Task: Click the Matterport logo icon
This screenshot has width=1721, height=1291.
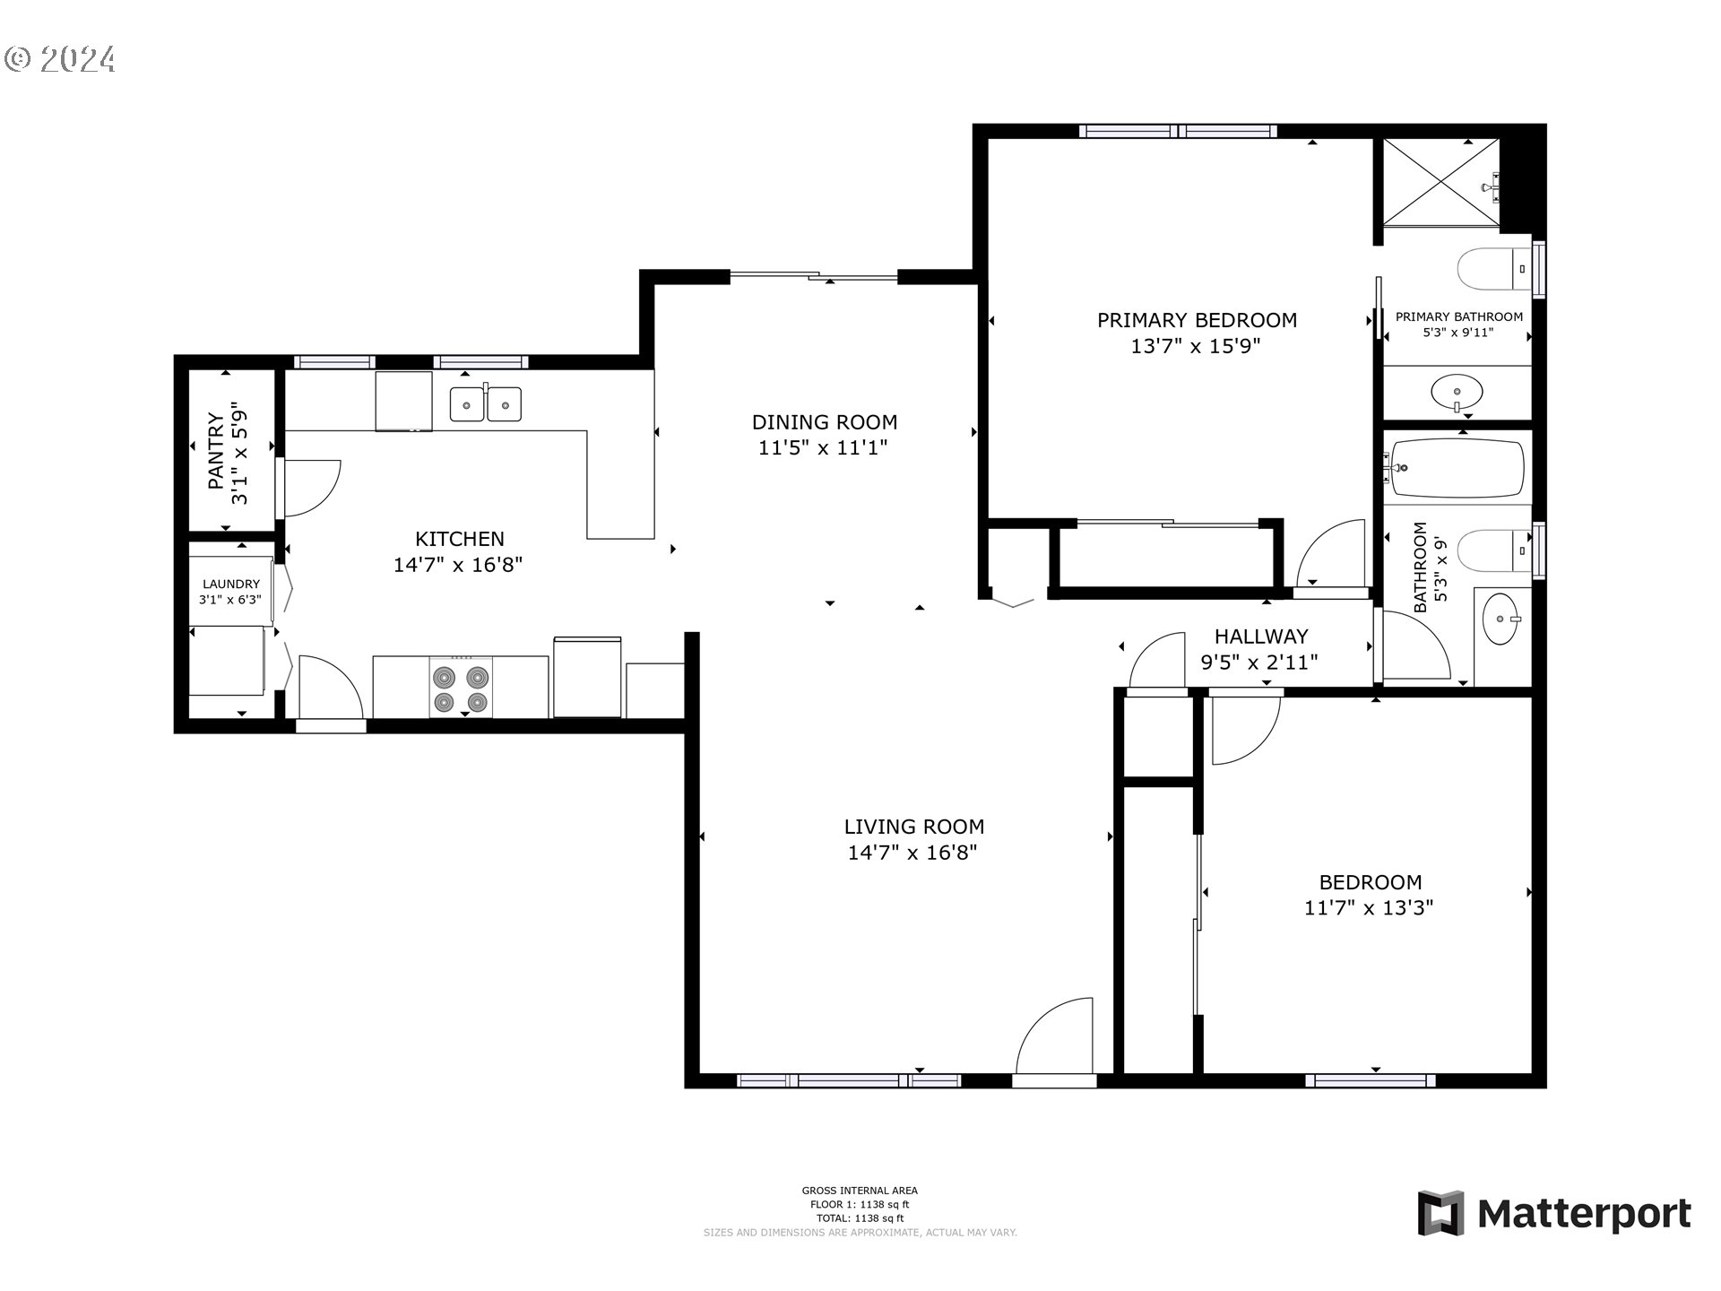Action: (1440, 1213)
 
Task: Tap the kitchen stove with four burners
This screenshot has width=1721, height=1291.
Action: (461, 687)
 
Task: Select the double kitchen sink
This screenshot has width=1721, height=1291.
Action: (485, 404)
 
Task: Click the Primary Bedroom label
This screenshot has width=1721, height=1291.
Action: (1197, 320)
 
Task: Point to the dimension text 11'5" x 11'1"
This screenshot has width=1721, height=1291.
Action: (823, 447)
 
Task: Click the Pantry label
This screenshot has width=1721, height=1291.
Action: (216, 450)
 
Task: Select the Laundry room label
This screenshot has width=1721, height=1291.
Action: (231, 584)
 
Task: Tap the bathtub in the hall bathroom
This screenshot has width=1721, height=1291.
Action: (1457, 467)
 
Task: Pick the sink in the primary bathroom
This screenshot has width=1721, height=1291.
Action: (1457, 392)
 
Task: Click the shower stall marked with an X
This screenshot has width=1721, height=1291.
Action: (1440, 183)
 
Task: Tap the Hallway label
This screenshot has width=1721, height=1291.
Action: (1261, 637)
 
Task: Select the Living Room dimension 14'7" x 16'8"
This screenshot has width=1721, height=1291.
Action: (912, 853)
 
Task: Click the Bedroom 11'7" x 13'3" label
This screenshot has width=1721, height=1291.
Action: (1370, 882)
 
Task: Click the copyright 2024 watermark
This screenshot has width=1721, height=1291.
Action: (60, 59)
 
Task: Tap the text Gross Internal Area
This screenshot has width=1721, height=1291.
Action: (860, 1191)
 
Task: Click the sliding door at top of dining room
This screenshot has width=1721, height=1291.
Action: (814, 277)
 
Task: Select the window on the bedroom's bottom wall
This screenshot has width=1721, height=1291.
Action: (1370, 1080)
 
